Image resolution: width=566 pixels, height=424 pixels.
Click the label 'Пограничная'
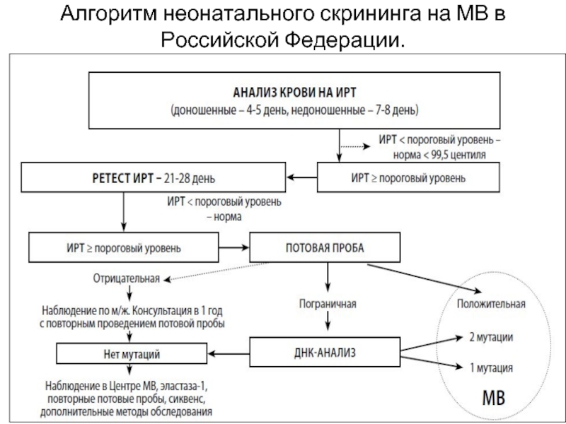click(326, 304)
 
